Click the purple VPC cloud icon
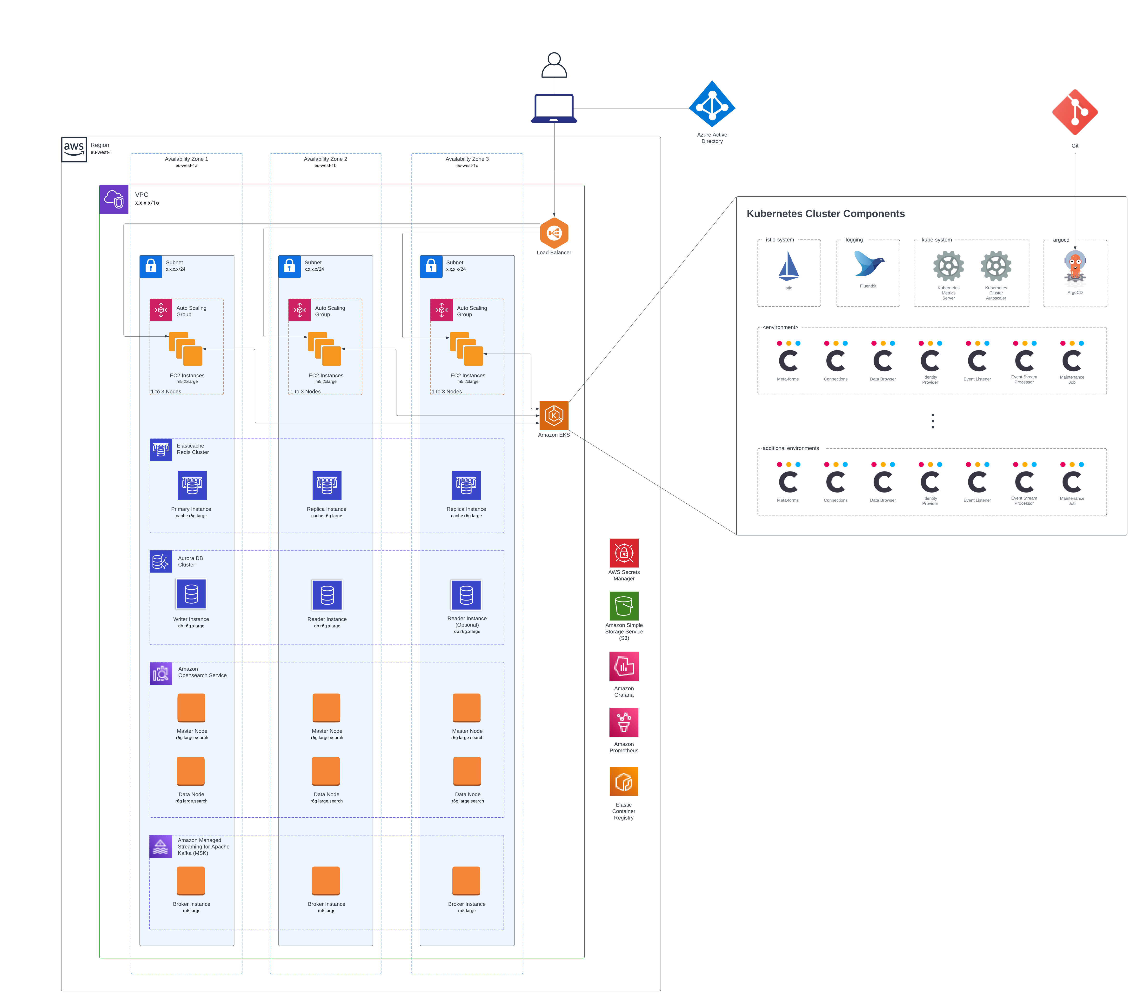tap(114, 199)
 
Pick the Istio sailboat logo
tap(788, 266)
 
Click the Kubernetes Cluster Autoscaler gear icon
tap(996, 266)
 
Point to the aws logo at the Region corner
tap(74, 149)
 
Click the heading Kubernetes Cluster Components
tap(825, 214)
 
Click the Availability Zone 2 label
tap(325, 159)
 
